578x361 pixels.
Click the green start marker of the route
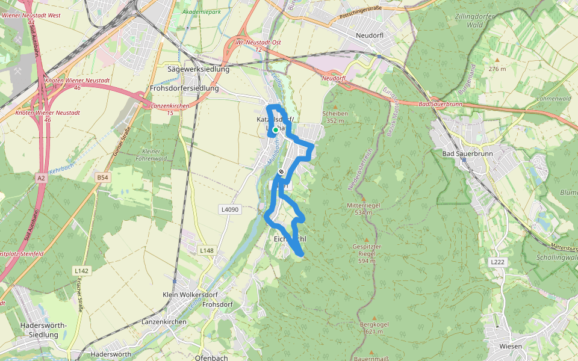click(276, 129)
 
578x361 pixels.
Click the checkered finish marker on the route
click(281, 173)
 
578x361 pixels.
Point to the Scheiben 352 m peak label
click(335, 117)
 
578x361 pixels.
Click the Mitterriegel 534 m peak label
click(364, 209)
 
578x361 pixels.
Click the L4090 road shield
click(229, 209)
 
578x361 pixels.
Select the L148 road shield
click(206, 250)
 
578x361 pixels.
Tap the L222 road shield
click(497, 262)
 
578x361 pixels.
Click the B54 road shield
click(103, 177)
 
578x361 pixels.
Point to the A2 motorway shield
click(40, 178)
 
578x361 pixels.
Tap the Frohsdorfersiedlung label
click(184, 88)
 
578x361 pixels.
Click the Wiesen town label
click(510, 346)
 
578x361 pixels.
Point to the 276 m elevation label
click(497, 69)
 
